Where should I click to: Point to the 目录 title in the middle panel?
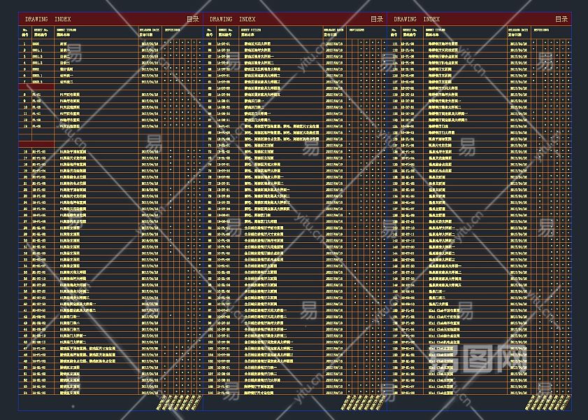pyautogui.click(x=378, y=20)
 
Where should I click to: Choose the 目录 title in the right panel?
pyautogui.click(x=561, y=20)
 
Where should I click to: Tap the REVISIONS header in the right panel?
pyautogui.click(x=543, y=31)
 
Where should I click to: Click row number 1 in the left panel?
pyautogui.click(x=25, y=43)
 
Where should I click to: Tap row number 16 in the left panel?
pyautogui.click(x=25, y=151)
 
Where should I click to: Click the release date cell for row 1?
pyautogui.click(x=150, y=43)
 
